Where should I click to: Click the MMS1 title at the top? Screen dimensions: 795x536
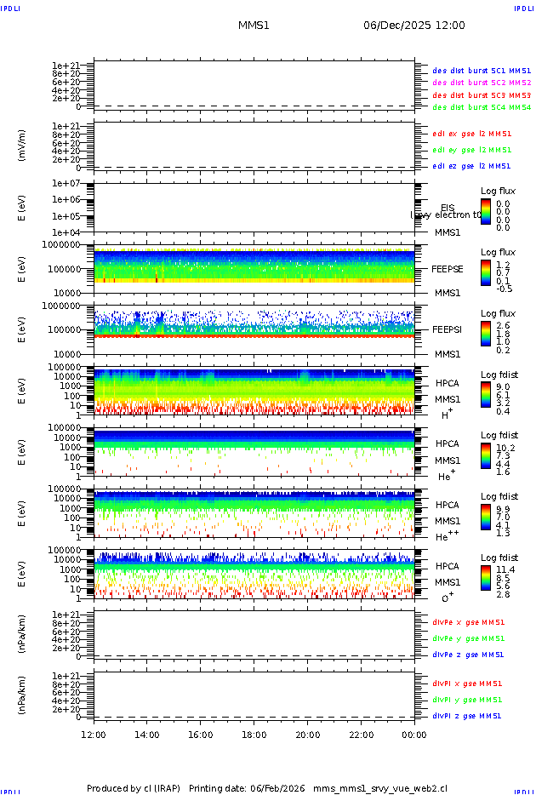point(254,26)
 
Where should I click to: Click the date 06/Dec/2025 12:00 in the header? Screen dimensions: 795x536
point(414,26)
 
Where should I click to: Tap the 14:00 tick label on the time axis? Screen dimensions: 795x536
point(147,735)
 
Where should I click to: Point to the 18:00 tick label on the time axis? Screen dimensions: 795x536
point(254,735)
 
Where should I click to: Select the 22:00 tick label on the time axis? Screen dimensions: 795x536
point(361,735)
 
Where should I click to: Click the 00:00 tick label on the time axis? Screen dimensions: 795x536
point(414,735)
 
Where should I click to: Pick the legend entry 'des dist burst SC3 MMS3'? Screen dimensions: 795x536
point(482,95)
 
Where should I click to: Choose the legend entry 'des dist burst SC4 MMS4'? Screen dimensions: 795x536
point(482,108)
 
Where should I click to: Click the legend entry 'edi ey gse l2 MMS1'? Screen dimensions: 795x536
point(472,150)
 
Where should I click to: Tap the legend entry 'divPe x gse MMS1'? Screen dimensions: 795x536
point(468,622)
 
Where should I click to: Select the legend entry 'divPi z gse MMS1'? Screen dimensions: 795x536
point(468,716)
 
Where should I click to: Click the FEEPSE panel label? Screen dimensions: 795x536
point(447,268)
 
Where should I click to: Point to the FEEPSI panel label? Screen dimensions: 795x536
point(447,329)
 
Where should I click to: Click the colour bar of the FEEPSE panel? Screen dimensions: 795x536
point(485,273)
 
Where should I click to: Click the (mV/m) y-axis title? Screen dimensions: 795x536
point(21,146)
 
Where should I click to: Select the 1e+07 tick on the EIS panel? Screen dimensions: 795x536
point(66,183)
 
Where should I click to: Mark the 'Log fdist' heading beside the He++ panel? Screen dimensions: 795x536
point(499,496)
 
